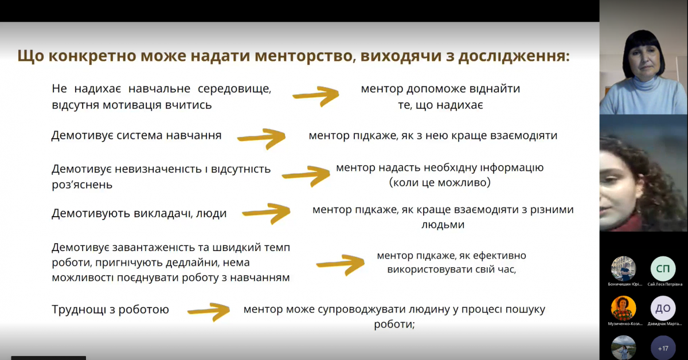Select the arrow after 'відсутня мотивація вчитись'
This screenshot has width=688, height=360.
[x=316, y=96]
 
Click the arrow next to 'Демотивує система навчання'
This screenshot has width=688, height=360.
[x=261, y=137]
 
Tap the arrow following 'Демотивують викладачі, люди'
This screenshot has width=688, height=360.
[x=267, y=212]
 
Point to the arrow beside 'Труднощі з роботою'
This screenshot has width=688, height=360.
[x=209, y=310]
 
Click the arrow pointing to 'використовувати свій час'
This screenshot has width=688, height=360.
[x=341, y=263]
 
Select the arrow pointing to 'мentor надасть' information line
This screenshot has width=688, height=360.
[x=307, y=175]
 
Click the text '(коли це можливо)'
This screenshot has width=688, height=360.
[x=439, y=183]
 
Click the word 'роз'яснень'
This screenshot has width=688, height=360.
[x=82, y=185]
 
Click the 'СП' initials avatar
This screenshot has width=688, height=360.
[x=663, y=268]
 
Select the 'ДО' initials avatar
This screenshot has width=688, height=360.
[x=663, y=308]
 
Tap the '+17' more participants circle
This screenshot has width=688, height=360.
[x=663, y=348]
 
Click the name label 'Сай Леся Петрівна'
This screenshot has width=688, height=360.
[x=665, y=284]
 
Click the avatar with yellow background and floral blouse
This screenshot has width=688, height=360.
[x=623, y=308]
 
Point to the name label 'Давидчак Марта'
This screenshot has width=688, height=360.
[x=665, y=324]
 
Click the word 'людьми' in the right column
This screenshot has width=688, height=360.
[x=443, y=225]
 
